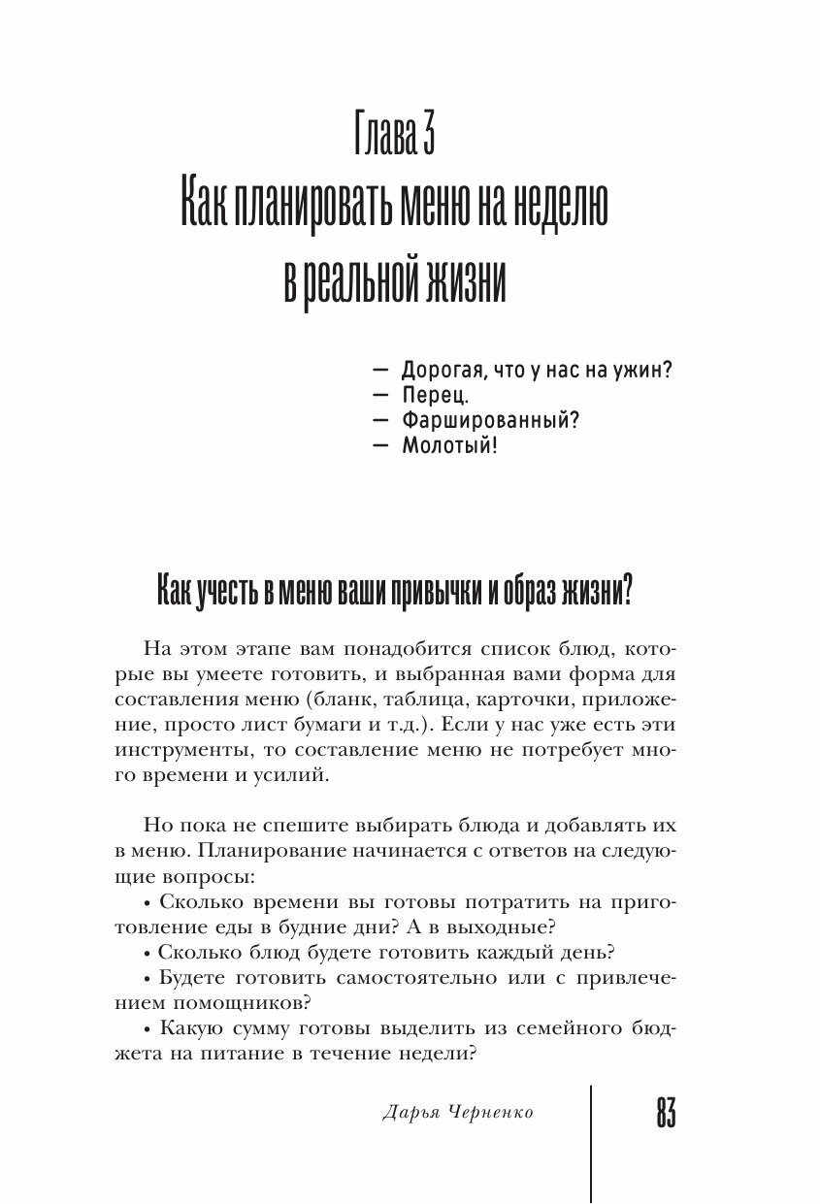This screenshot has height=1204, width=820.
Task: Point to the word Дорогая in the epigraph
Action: tap(442, 371)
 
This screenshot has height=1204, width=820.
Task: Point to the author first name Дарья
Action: tap(390, 1113)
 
